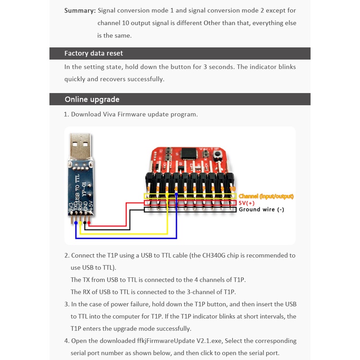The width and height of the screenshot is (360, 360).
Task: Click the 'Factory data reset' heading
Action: click(x=94, y=53)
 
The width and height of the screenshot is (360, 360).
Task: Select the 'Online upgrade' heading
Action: click(x=92, y=99)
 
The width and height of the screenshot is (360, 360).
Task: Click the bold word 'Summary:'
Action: click(x=79, y=11)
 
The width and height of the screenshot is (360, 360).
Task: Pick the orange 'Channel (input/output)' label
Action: click(x=266, y=196)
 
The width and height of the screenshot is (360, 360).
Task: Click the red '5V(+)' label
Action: click(x=247, y=203)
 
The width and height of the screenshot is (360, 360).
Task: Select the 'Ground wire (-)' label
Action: click(x=261, y=210)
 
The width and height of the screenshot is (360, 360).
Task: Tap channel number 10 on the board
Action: click(x=232, y=189)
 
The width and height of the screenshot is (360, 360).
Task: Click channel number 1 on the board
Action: click(x=149, y=189)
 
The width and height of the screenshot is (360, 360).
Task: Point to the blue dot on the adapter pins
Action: click(x=76, y=223)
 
